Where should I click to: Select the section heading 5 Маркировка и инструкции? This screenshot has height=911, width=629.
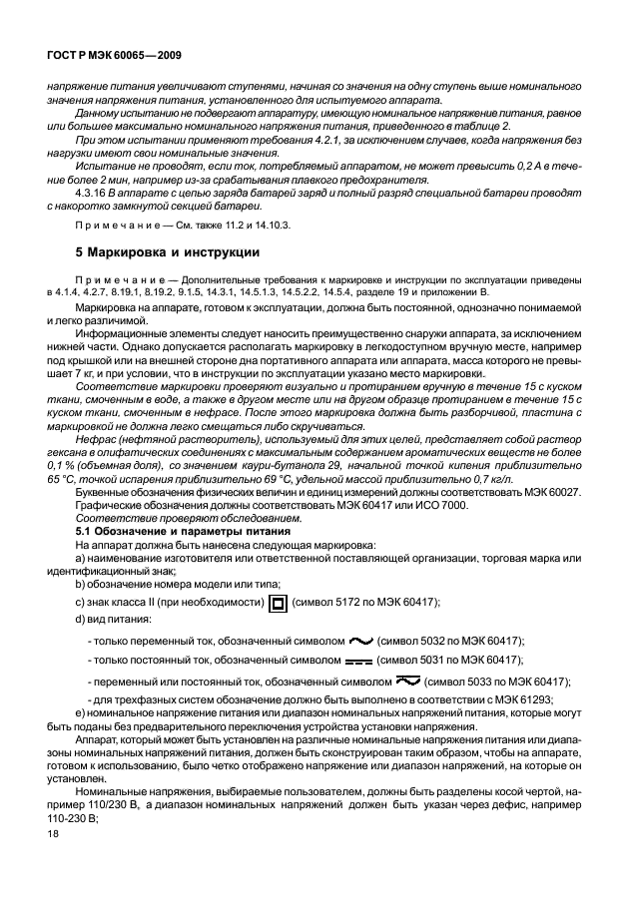[169, 252]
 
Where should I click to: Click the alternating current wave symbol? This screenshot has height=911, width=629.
[359, 640]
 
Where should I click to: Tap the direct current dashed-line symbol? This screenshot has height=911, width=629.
[359, 662]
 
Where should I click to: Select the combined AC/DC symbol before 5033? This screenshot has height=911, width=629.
[406, 682]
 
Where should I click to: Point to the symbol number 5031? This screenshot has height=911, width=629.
[435, 661]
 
